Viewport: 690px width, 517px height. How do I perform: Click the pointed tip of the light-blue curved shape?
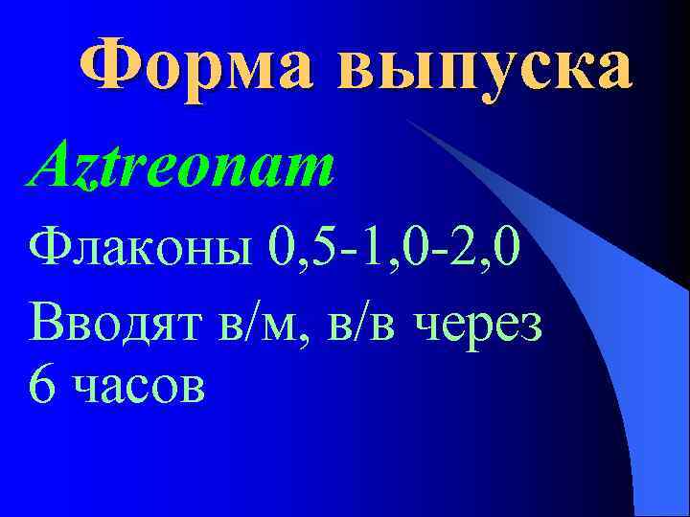tap(407, 121)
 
